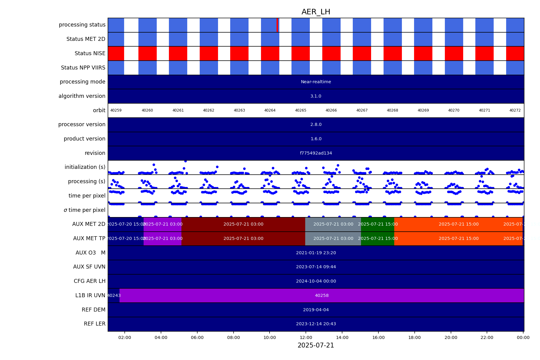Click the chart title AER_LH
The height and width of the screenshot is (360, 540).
(x=316, y=12)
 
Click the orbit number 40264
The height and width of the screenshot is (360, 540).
(x=270, y=110)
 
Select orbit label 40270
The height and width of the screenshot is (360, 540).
(x=454, y=110)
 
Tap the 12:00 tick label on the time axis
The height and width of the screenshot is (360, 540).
(x=306, y=337)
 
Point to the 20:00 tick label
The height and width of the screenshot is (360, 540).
(x=451, y=337)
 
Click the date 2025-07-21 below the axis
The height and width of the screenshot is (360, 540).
(x=316, y=345)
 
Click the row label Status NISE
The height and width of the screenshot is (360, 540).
(x=90, y=53)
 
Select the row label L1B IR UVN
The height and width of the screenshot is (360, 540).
(x=90, y=295)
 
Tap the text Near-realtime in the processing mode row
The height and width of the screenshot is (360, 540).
(x=316, y=82)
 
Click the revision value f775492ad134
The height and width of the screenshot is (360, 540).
(x=316, y=153)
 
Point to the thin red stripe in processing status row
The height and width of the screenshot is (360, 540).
(x=277, y=25)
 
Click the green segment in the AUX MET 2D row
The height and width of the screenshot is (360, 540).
(x=377, y=224)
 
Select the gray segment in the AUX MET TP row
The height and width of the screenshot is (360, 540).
(x=333, y=238)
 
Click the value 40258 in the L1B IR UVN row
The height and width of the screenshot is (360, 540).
(x=322, y=295)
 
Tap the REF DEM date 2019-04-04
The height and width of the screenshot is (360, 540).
(x=316, y=310)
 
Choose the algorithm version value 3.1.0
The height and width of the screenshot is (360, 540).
(x=316, y=96)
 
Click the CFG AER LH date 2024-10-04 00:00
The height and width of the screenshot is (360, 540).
(x=316, y=281)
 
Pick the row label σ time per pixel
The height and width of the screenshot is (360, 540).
(x=84, y=210)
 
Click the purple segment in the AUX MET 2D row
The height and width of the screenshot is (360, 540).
(x=163, y=224)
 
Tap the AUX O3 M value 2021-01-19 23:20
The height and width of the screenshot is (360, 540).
(x=316, y=253)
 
